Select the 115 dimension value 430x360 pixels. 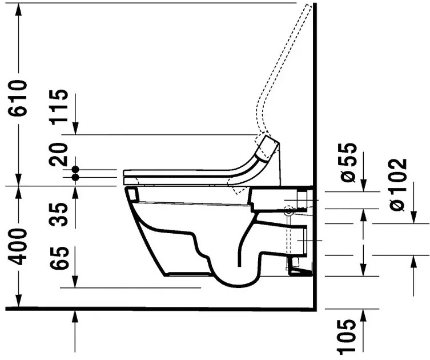[x=59, y=107]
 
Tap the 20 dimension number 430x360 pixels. [x=59, y=154]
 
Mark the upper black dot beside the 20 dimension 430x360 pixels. [x=75, y=170]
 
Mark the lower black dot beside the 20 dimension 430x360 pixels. [x=75, y=178]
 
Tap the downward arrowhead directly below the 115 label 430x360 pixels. [x=75, y=129]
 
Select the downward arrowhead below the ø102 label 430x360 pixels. [x=413, y=217]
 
